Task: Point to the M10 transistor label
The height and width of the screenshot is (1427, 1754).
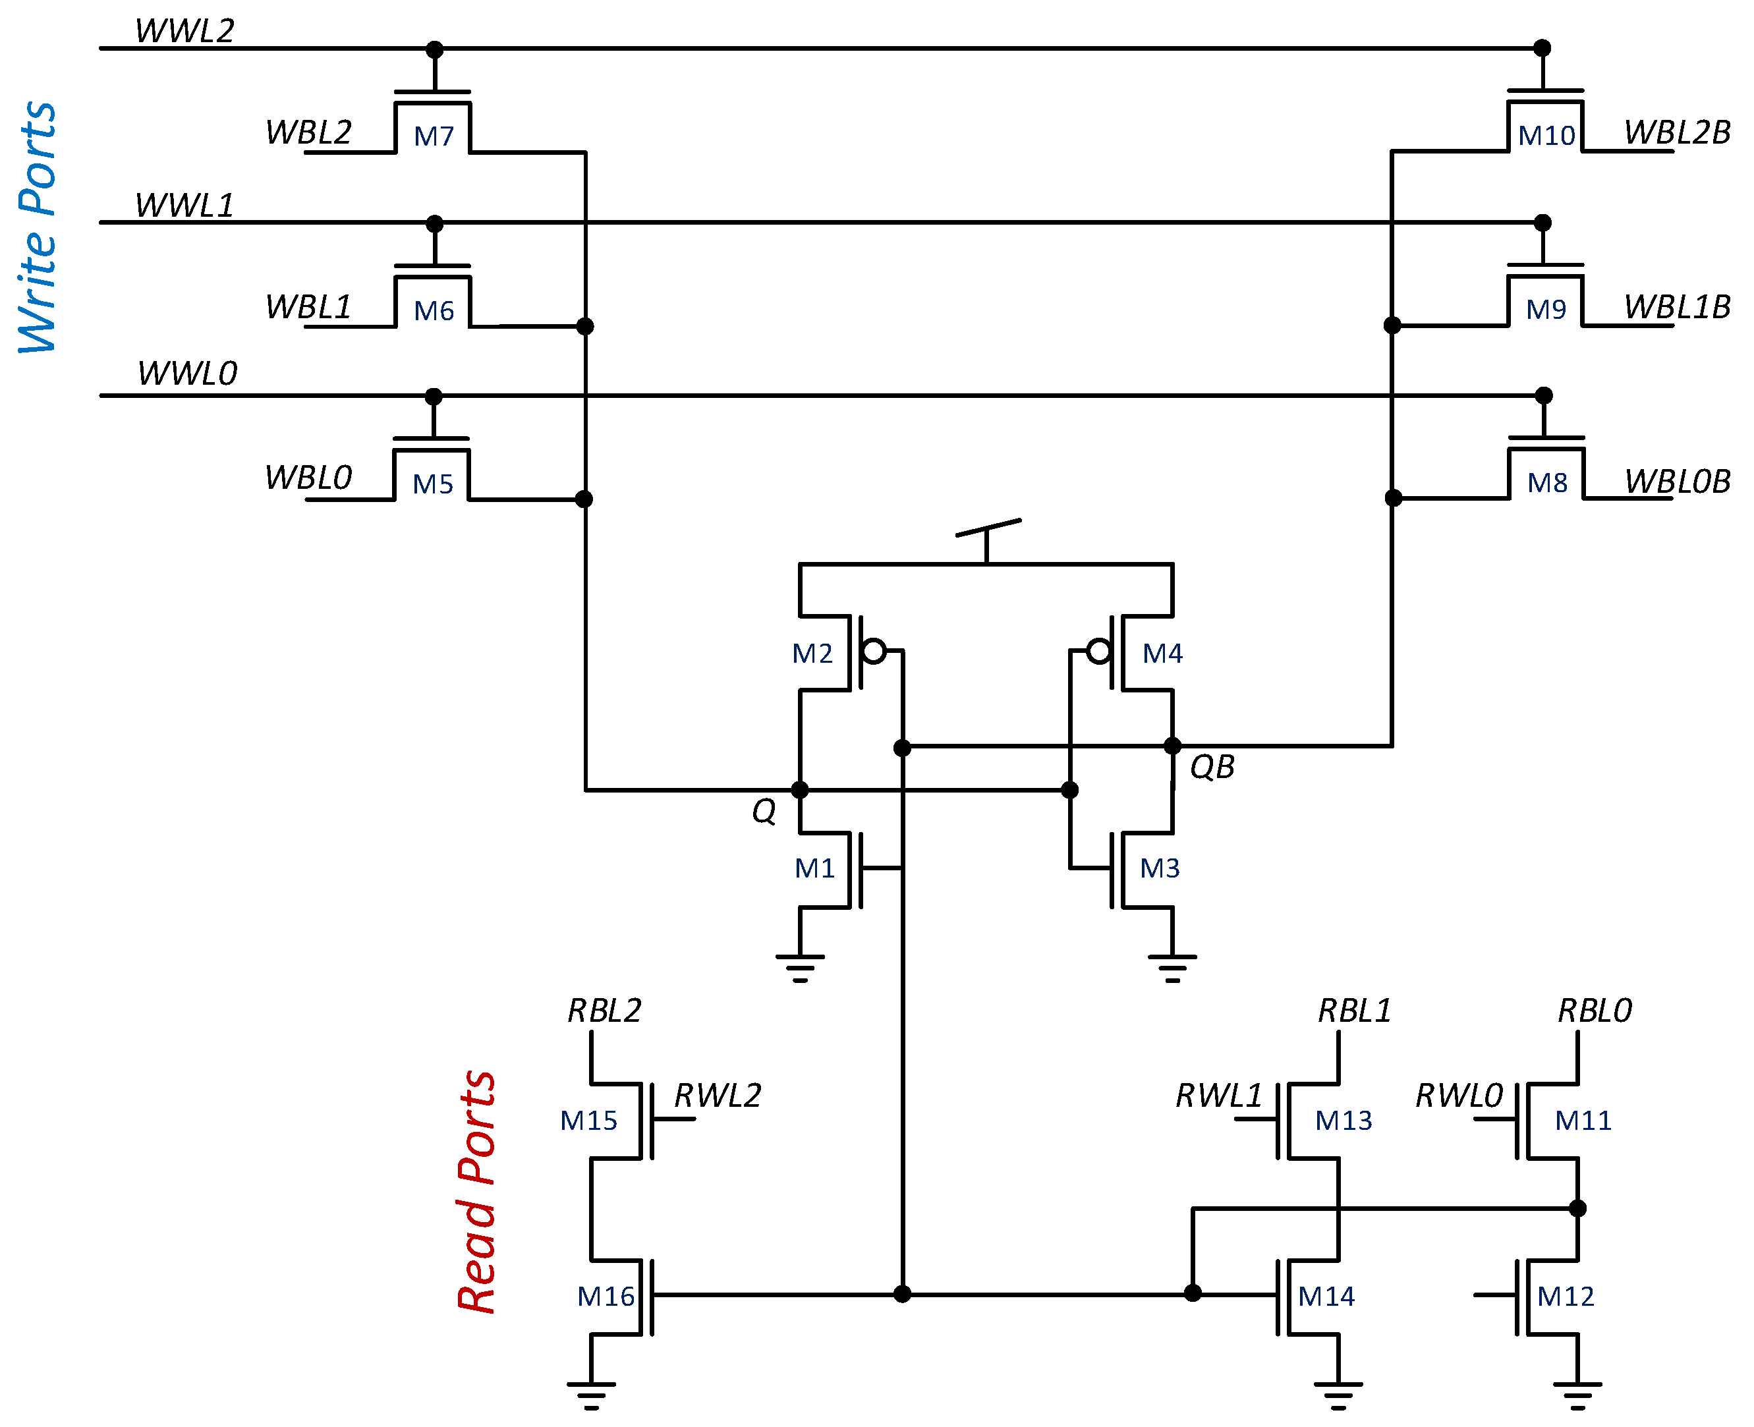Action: coord(1545,136)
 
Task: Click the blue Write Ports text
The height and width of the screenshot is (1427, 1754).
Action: coord(38,228)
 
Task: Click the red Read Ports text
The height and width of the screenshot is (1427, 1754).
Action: coord(477,1191)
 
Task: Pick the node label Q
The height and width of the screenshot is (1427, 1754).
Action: coord(763,811)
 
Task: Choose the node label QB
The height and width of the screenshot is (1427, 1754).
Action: coord(1212,767)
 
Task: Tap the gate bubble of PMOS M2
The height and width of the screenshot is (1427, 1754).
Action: coord(874,652)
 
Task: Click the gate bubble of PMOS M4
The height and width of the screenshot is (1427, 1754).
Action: coord(1098,652)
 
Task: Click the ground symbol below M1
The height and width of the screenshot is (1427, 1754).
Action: coord(799,968)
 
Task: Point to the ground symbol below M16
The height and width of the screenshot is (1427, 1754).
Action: coord(590,1395)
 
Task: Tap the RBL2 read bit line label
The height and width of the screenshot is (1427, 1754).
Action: coord(604,1010)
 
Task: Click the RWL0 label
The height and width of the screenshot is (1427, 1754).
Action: coord(1458,1096)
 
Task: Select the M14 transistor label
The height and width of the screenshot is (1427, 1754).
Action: coord(1326,1297)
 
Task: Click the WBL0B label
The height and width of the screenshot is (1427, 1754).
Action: coord(1677,482)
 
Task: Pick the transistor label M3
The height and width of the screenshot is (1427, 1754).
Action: coord(1159,868)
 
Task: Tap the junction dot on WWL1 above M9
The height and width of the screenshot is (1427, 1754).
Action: coord(1542,223)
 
